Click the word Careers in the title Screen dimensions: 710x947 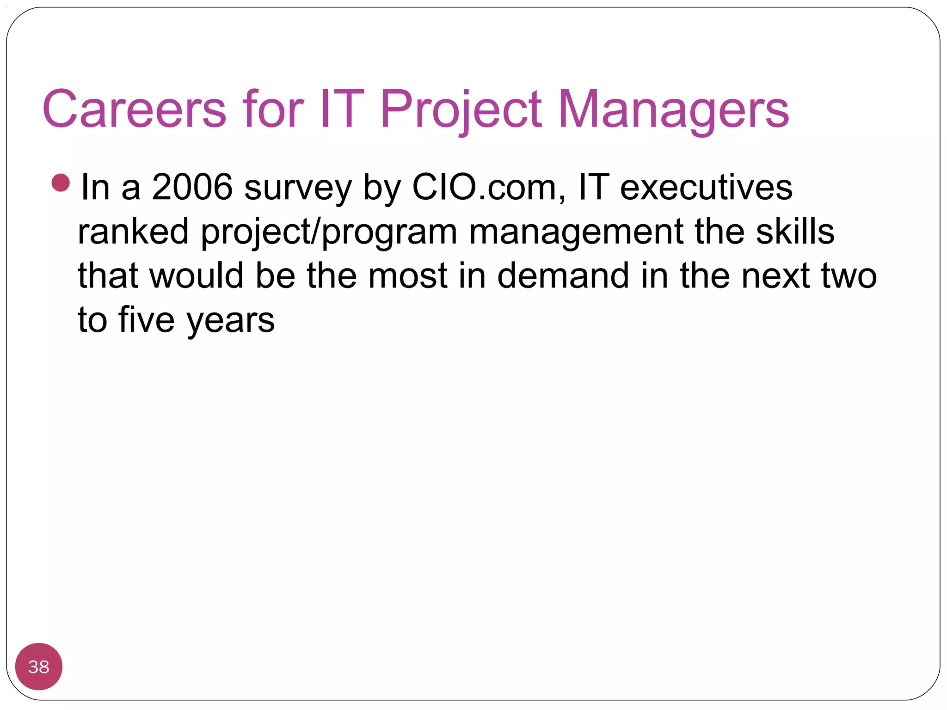pyautogui.click(x=134, y=109)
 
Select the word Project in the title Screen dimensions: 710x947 pyautogui.click(x=461, y=109)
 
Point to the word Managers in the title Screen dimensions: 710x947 pyautogui.click(x=673, y=109)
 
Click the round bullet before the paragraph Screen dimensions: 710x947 pyautogui.click(x=61, y=183)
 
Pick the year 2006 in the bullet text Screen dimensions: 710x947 pyautogui.click(x=192, y=187)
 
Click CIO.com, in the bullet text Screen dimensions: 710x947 pyautogui.click(x=488, y=187)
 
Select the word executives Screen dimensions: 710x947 pyautogui.click(x=706, y=187)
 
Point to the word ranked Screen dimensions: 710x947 pyautogui.click(x=133, y=231)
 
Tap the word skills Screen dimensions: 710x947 pyautogui.click(x=795, y=231)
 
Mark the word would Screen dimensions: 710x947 pyautogui.click(x=197, y=275)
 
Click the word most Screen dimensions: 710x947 pyautogui.click(x=407, y=275)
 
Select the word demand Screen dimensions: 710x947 pyautogui.click(x=563, y=275)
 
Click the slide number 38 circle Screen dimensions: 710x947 pyautogui.click(x=39, y=667)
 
